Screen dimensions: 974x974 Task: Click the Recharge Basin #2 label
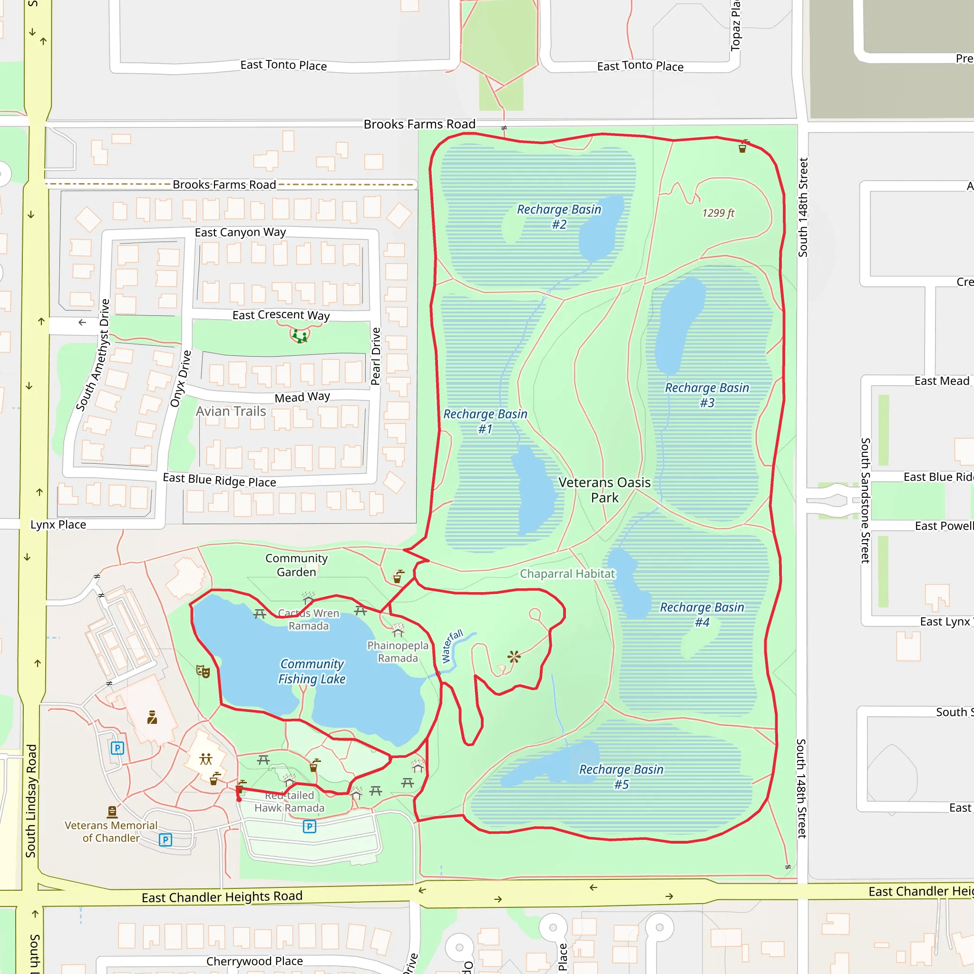(x=559, y=216)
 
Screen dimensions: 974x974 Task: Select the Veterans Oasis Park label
(x=604, y=489)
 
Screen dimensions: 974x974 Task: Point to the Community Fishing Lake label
(x=312, y=671)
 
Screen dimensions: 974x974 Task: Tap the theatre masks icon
(x=203, y=671)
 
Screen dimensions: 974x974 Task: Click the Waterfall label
(x=452, y=646)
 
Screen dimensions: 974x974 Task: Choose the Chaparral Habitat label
(x=567, y=574)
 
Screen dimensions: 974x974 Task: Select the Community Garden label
(x=296, y=565)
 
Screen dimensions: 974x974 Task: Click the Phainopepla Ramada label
(x=398, y=652)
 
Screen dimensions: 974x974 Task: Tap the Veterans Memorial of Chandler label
(x=111, y=831)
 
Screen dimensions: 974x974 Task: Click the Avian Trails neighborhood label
(x=231, y=411)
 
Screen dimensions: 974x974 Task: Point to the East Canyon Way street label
(x=240, y=233)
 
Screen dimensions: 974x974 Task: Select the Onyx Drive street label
(x=180, y=379)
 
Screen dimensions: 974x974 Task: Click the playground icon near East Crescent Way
(x=300, y=336)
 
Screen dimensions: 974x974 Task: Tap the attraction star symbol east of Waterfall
(x=514, y=656)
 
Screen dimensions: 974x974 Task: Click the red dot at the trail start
(x=239, y=799)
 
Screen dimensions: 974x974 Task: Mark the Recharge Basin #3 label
(x=707, y=395)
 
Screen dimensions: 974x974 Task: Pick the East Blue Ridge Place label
(x=219, y=480)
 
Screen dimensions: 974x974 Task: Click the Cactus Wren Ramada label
(x=309, y=619)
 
